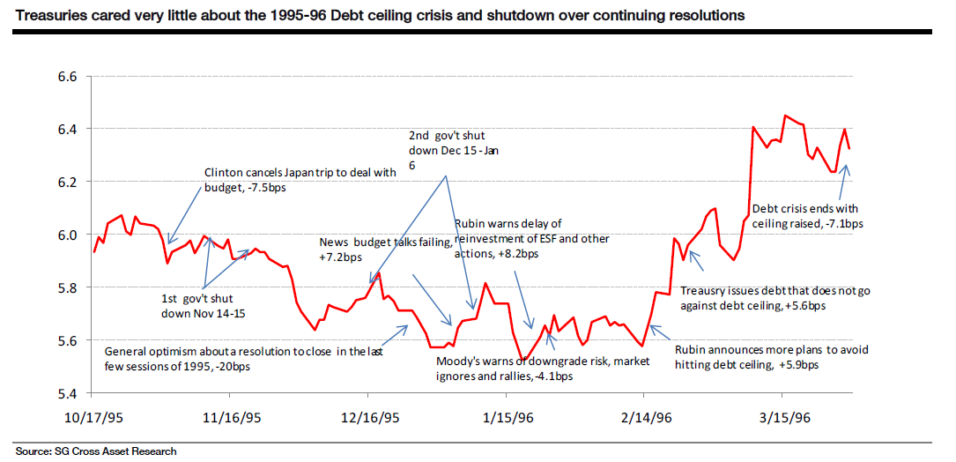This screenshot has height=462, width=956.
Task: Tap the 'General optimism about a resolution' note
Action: (x=246, y=357)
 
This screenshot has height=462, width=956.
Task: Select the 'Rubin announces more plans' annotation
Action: (x=771, y=356)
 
